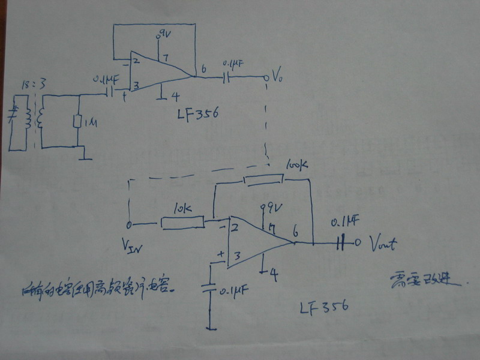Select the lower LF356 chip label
(x=325, y=308)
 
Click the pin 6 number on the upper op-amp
(x=204, y=70)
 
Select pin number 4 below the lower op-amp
(x=274, y=275)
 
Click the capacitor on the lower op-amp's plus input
(x=210, y=287)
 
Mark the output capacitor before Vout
(x=342, y=243)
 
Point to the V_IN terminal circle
(x=129, y=225)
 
